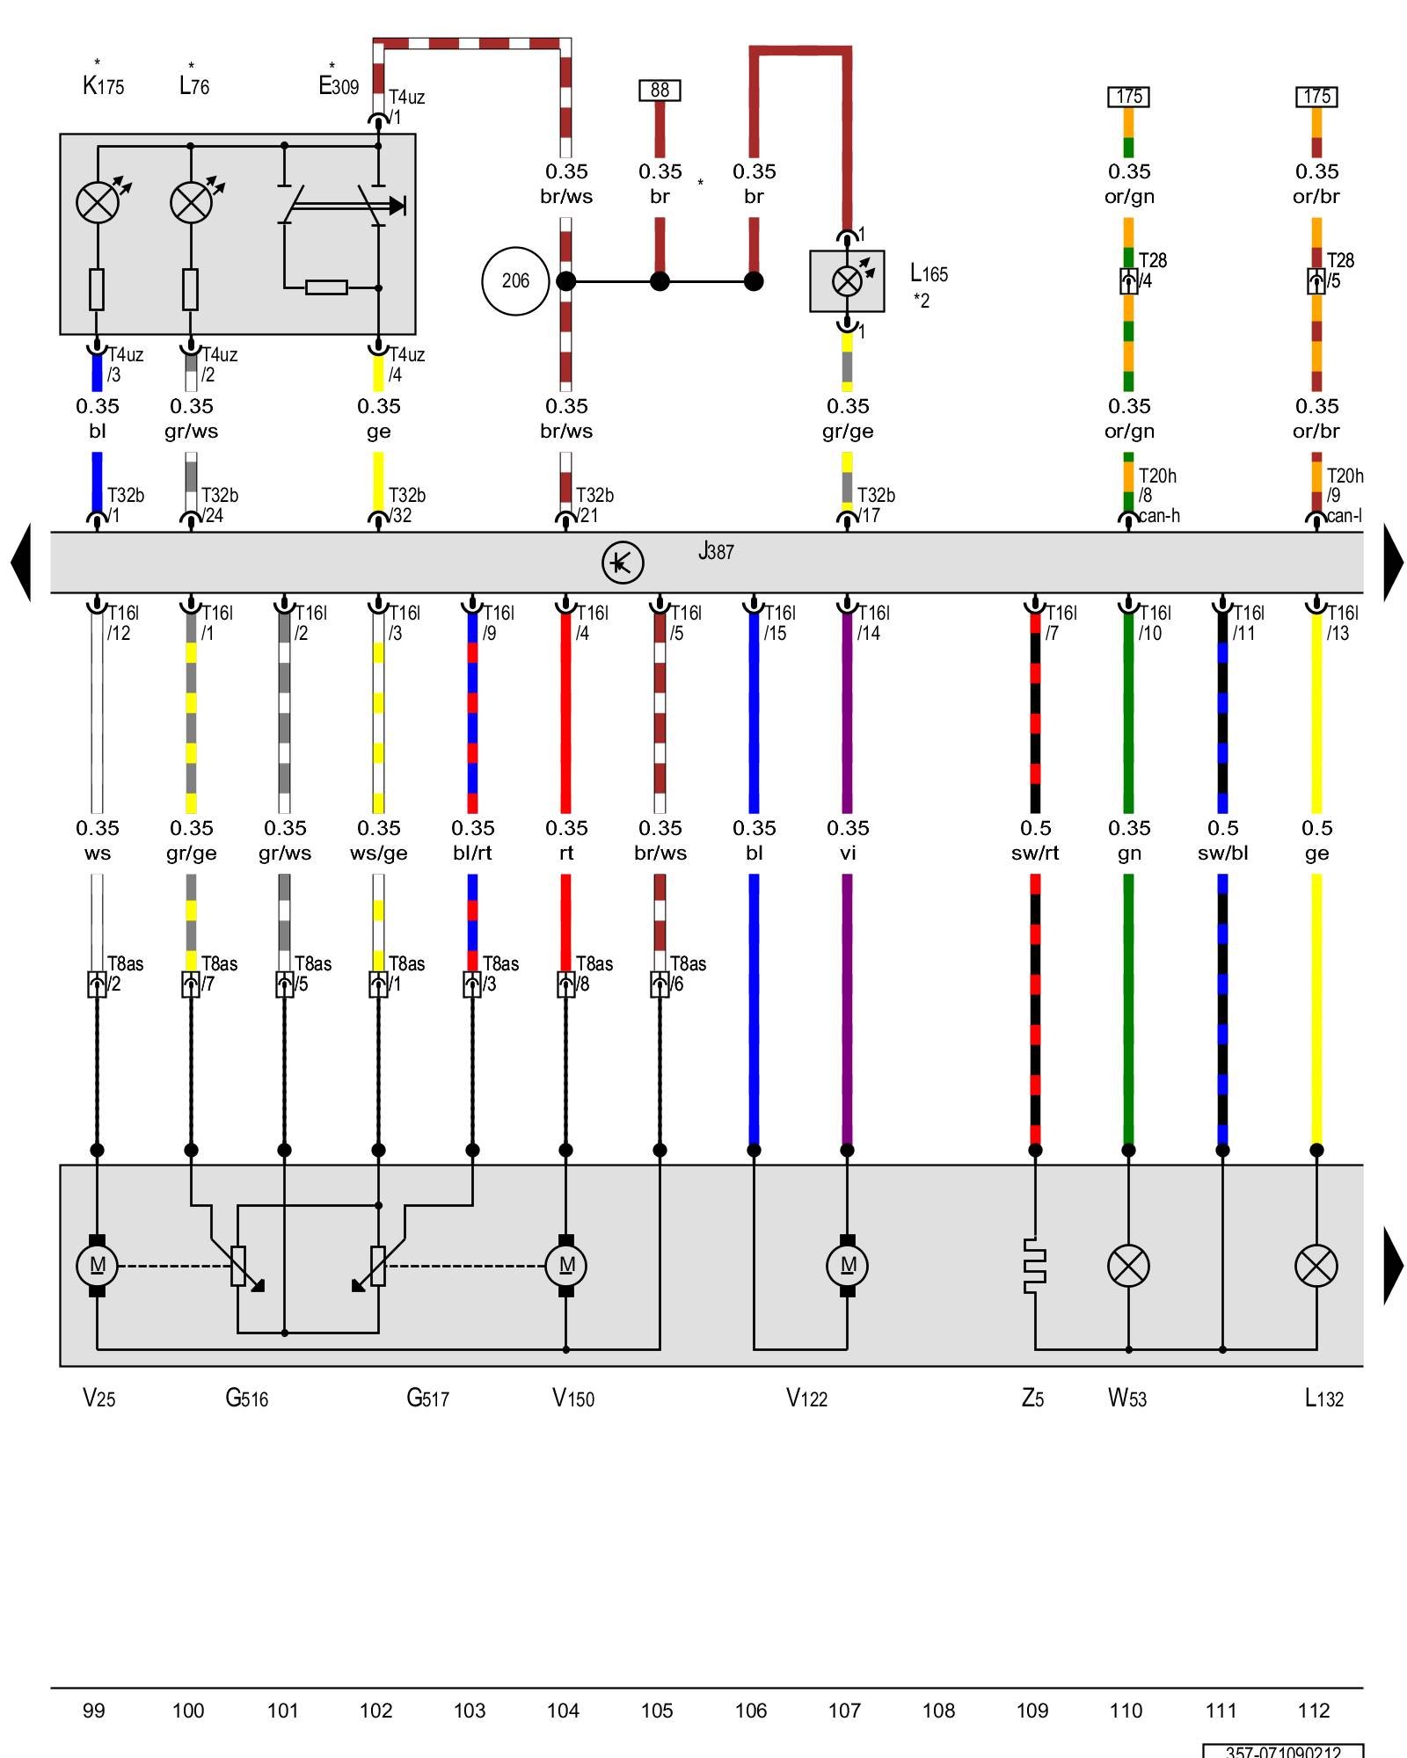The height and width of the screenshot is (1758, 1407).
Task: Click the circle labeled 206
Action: tap(515, 281)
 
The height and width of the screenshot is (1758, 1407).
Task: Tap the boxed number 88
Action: tap(660, 90)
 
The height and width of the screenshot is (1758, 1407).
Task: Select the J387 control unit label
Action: tap(716, 552)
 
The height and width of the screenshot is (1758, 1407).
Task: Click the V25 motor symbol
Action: tap(97, 1266)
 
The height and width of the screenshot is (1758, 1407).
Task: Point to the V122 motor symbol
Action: tap(847, 1266)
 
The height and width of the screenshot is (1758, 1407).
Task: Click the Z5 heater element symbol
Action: tap(1035, 1266)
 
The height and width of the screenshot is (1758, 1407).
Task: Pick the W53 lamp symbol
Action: tap(1128, 1266)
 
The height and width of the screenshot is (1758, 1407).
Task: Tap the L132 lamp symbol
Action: tap(1316, 1266)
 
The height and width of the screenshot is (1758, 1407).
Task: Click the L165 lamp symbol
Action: tap(847, 281)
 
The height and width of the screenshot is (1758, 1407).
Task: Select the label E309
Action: tap(339, 86)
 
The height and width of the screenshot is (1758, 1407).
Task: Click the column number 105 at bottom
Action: tap(657, 1711)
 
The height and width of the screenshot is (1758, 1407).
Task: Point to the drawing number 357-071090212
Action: tap(1283, 1751)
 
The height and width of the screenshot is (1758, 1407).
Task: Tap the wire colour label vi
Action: tap(847, 853)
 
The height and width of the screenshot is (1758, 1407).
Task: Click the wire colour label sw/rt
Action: tap(1035, 853)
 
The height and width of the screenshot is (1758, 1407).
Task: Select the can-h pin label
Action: tap(1159, 516)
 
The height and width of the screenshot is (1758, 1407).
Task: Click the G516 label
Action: tap(247, 1398)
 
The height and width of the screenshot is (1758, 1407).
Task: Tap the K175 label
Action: tap(103, 86)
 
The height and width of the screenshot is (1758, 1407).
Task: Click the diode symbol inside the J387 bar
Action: tap(623, 563)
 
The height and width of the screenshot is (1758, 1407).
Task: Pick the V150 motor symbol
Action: tap(566, 1266)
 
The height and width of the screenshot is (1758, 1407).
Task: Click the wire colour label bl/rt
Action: tap(472, 853)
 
